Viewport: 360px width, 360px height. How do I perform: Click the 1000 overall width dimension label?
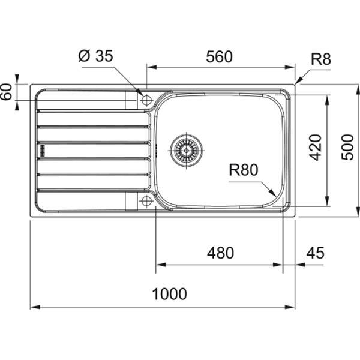(x=169, y=294)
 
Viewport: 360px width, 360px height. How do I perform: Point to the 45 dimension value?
(x=315, y=253)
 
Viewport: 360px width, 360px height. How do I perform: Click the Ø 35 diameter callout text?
(x=96, y=57)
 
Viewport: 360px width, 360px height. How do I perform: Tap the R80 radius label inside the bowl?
(x=243, y=170)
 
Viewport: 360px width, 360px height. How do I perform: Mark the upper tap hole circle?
(x=146, y=100)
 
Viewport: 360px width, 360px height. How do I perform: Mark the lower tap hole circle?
(x=146, y=201)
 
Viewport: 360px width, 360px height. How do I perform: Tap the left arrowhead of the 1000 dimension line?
(x=33, y=308)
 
